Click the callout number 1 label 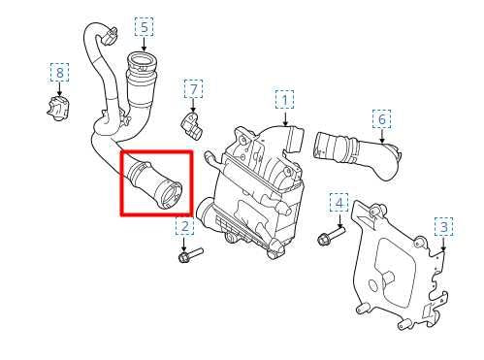click(284, 99)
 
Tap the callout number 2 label click(184, 227)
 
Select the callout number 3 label click(442, 227)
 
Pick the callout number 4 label click(338, 202)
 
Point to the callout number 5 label click(144, 27)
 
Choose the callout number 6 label click(382, 119)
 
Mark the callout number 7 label click(193, 90)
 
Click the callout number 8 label click(60, 73)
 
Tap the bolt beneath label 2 click(189, 256)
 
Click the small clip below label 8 click(57, 105)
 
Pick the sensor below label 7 click(189, 122)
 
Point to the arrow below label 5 click(144, 46)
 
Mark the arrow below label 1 click(284, 117)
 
